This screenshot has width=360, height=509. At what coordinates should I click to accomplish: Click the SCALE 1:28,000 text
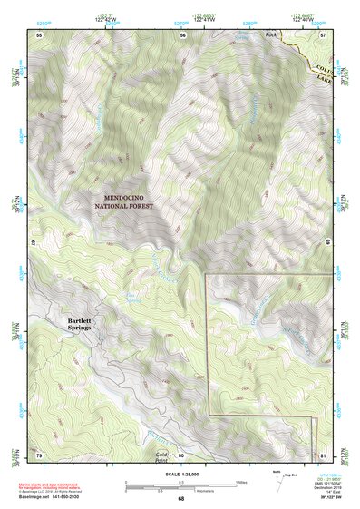point(180,474)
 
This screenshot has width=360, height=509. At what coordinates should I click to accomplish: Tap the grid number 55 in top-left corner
point(39,34)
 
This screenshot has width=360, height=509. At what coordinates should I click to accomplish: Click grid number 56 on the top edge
point(183,34)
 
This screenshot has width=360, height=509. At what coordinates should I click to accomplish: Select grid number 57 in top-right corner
point(325,34)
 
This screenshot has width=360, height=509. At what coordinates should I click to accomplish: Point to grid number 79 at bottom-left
point(39,454)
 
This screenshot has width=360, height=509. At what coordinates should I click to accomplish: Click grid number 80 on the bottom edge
point(181,455)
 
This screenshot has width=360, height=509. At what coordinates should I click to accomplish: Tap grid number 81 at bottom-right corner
point(325,454)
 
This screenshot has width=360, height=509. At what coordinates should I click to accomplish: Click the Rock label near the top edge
point(269,34)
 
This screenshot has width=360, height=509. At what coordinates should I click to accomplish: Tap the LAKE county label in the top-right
point(326,79)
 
